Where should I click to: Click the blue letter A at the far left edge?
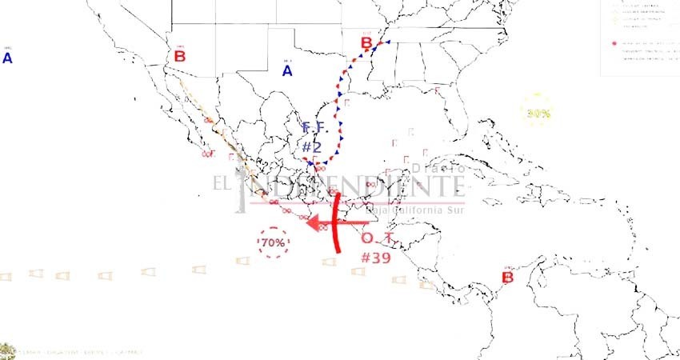click(x=7, y=58)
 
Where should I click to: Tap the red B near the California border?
click(x=179, y=56)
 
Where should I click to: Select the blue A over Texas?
click(x=287, y=71)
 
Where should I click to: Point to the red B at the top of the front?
click(x=366, y=43)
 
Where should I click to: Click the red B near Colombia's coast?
click(x=506, y=278)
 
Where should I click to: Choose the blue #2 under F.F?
click(x=311, y=147)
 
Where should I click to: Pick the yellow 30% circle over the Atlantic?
click(x=538, y=113)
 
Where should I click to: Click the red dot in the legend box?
click(x=614, y=42)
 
